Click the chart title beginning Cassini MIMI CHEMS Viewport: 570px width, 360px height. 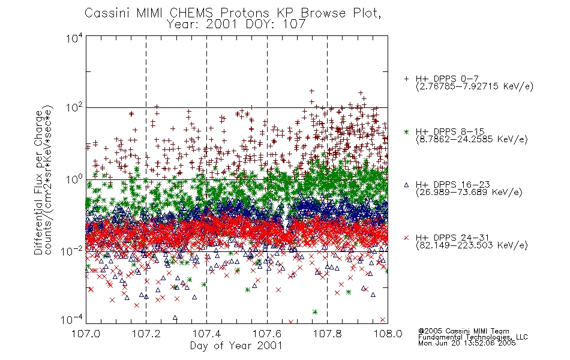233,13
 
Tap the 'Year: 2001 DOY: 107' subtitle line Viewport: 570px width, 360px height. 236,25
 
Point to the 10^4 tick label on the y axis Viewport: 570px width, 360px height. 74,38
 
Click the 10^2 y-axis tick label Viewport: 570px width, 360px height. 74,108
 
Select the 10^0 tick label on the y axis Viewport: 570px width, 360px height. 74,179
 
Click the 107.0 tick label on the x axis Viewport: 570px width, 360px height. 86,334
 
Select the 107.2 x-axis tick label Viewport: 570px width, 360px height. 146,334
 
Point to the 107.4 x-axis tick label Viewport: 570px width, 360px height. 206,334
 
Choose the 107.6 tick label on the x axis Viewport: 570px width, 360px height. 267,334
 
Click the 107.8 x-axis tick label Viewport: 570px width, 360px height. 328,334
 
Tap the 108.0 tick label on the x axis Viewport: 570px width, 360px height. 388,334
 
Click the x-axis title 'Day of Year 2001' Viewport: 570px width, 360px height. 236,346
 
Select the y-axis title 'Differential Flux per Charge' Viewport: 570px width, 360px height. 38,182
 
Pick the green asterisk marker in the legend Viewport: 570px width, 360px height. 406,131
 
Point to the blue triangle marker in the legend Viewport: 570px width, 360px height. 406,185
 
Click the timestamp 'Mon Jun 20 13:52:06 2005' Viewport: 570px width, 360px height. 467,343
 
